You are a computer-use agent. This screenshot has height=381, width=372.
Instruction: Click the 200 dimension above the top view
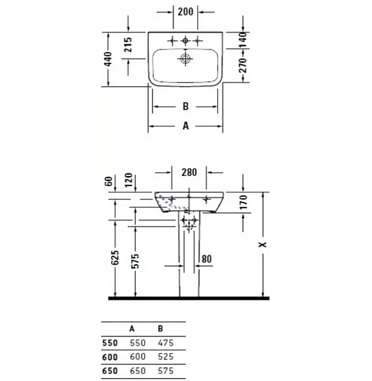(x=186, y=12)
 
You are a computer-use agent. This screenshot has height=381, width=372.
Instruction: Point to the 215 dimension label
(x=128, y=44)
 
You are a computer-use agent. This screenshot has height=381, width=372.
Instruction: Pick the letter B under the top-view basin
(x=186, y=107)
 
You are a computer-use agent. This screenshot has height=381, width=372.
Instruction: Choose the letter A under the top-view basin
(x=186, y=126)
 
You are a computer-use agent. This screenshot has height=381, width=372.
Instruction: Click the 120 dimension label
(x=128, y=182)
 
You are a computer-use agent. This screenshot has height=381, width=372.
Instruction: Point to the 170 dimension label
(x=243, y=203)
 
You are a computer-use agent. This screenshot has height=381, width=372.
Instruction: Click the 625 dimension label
(x=115, y=257)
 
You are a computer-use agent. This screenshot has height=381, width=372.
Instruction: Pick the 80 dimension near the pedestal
(x=206, y=258)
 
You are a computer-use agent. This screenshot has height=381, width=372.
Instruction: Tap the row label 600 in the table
(x=110, y=357)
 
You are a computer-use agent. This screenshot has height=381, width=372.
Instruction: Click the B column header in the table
(x=160, y=329)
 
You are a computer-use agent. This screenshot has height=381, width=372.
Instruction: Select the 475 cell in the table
(x=164, y=343)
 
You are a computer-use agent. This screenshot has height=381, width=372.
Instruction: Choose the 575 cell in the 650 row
(x=164, y=371)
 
